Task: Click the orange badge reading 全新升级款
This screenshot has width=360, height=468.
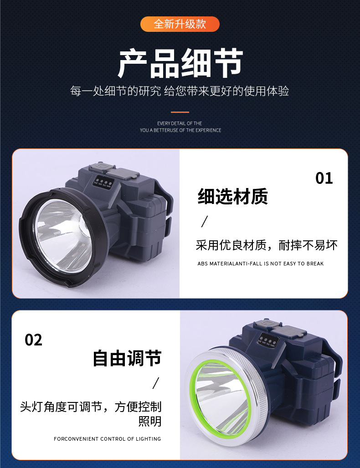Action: [180, 24]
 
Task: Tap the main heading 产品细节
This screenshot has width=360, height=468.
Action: [180, 63]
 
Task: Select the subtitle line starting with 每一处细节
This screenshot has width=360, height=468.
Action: [180, 91]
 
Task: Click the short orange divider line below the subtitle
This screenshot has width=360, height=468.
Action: [180, 112]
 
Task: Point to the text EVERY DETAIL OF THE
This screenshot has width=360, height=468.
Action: [180, 123]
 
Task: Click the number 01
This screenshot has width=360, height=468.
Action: [324, 178]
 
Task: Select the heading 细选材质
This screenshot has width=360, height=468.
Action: [232, 197]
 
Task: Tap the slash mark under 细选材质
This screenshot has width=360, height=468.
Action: [205, 222]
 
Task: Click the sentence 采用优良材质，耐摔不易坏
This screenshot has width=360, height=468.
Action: [267, 245]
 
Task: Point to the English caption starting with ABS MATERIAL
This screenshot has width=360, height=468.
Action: [261, 264]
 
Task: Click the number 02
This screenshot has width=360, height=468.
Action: [33, 340]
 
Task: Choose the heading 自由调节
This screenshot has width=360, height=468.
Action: [127, 358]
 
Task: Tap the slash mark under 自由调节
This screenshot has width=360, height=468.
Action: [156, 383]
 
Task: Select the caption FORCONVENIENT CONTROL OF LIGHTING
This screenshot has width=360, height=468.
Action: [107, 439]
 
